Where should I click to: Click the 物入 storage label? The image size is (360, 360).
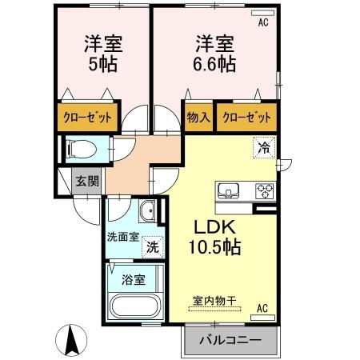199,117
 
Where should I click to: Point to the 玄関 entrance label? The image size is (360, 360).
87,181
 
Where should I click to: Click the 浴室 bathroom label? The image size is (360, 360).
134,280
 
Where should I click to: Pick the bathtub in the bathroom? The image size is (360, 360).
134,308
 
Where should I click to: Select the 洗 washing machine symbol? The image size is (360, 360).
151,247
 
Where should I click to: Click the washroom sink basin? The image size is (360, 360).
147,212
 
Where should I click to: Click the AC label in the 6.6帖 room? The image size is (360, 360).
262,22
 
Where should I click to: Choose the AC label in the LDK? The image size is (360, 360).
262,306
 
